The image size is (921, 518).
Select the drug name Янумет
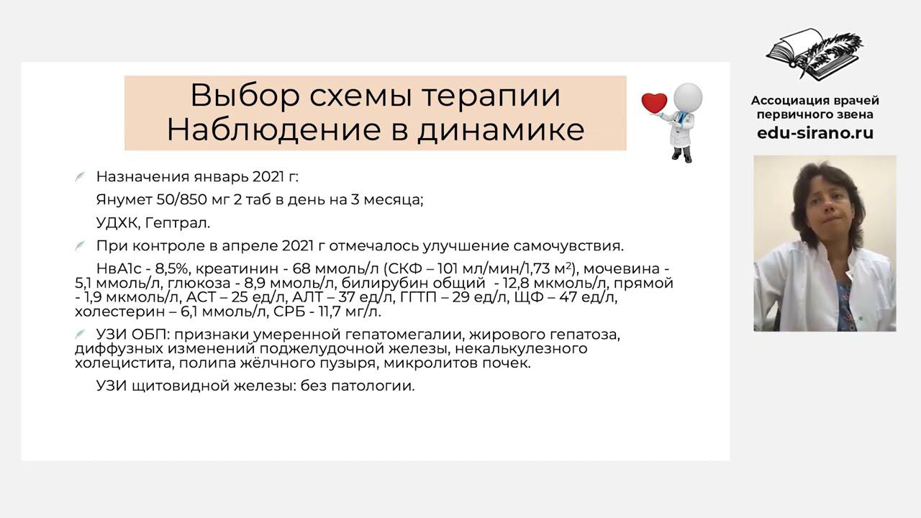[123, 200]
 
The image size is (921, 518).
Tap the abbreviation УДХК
[116, 223]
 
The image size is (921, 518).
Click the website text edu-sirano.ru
[815, 133]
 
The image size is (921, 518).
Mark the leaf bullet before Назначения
[81, 177]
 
